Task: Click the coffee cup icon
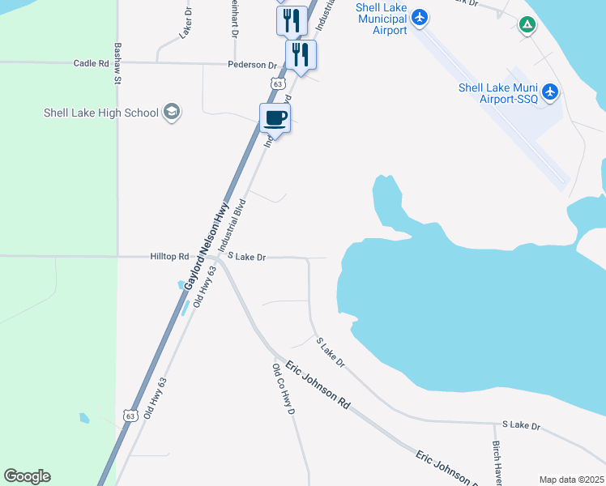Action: coord(275,118)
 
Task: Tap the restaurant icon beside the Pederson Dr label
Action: coord(300,55)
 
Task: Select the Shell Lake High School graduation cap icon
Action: coord(171,112)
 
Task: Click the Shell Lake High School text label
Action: coord(101,113)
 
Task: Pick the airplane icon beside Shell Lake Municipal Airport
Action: coord(419,17)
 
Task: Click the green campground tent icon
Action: coord(527,25)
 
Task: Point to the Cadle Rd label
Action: coord(91,63)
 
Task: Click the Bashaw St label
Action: coord(117,65)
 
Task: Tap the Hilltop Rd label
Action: coord(169,256)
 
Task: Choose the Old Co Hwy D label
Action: coord(284,388)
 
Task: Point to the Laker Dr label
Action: coord(186,23)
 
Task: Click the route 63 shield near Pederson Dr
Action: coord(277,83)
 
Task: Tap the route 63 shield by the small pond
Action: coord(130,415)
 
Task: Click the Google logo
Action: coord(27,476)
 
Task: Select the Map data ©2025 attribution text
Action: coord(571,480)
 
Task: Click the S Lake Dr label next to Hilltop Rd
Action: coord(246,257)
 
